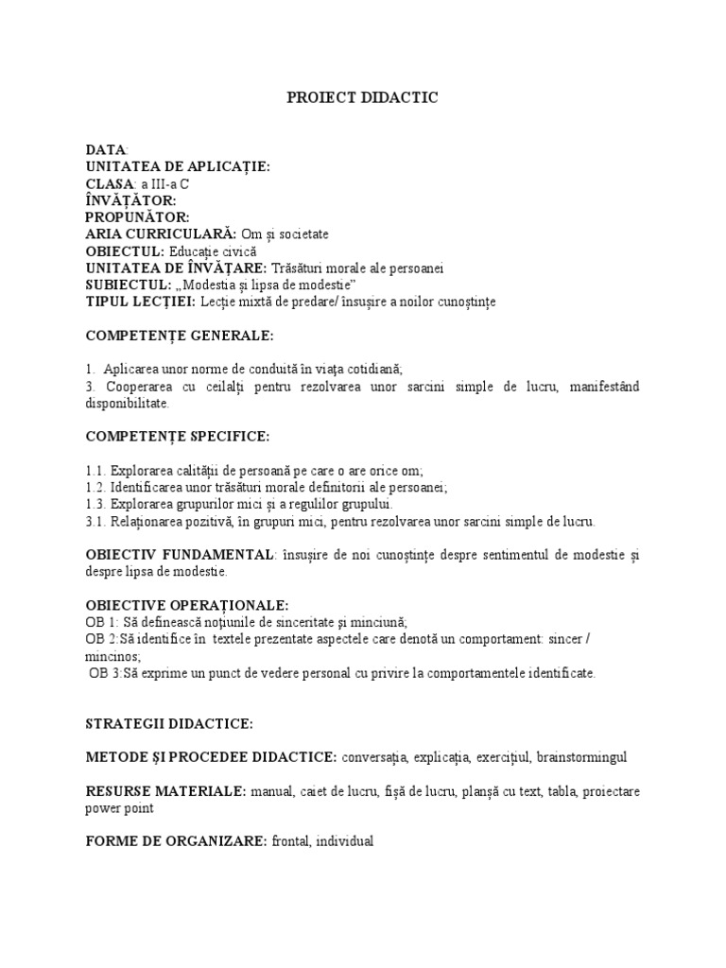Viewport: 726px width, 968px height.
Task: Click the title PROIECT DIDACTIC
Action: coord(363,97)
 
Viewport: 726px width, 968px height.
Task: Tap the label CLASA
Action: coord(110,184)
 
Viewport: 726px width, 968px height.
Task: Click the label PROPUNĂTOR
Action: coord(137,217)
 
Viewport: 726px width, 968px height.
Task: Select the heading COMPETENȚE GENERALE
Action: coord(180,336)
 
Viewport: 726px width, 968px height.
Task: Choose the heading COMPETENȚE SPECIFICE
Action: coord(177,436)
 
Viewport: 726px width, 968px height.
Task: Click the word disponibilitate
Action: coord(128,404)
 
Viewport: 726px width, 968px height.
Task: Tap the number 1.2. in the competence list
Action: coord(95,487)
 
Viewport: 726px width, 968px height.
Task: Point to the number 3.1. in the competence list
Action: coord(95,521)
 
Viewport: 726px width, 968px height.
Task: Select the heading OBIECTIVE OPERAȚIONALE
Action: coord(187,605)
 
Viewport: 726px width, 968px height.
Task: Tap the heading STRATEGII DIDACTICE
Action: coord(169,723)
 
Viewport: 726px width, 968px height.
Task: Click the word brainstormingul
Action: coord(581,757)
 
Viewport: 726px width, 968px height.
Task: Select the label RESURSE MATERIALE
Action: coord(166,790)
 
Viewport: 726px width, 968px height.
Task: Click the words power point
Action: coord(119,808)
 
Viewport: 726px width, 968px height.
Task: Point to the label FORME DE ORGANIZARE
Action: coord(177,840)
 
